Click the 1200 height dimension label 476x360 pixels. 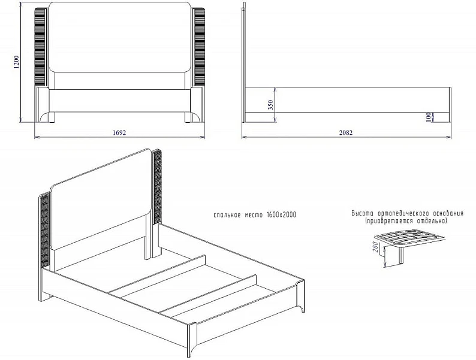point(16,62)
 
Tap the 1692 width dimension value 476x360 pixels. point(119,132)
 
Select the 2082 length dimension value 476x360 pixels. point(346,132)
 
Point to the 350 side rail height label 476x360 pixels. point(271,105)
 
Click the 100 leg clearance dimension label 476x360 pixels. point(428,117)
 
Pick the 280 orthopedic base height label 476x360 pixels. point(375,247)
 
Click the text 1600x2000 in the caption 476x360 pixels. point(281,214)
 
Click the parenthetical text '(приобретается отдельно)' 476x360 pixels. point(406,221)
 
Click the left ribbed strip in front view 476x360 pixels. point(40,47)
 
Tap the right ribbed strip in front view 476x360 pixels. point(199,47)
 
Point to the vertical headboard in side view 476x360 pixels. point(243,62)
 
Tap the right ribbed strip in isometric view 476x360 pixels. point(157,187)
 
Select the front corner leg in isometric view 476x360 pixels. point(192,340)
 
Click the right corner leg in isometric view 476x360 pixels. point(301,297)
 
